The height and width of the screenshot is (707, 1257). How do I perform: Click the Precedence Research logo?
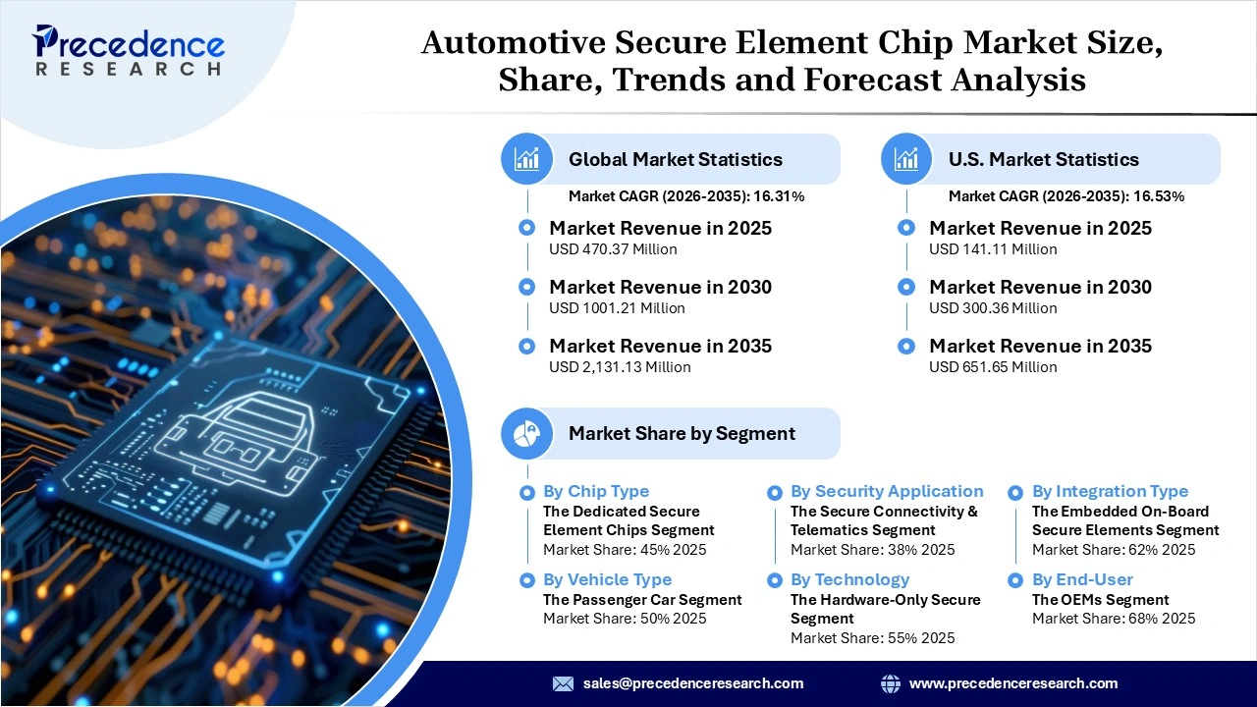point(128,51)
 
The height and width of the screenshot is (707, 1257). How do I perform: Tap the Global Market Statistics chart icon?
point(527,159)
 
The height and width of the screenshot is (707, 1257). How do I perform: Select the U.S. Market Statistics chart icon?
point(906,159)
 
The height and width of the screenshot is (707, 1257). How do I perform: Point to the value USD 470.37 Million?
point(613,249)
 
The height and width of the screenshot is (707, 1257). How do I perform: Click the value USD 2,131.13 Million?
point(620,367)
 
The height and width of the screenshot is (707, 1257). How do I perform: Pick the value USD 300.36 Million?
point(993,308)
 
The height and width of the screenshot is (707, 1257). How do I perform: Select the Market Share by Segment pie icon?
point(527,433)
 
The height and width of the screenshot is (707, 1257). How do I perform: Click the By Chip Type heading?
point(595,491)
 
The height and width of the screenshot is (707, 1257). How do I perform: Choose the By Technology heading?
point(849,579)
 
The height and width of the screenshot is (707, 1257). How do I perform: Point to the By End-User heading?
point(1082,579)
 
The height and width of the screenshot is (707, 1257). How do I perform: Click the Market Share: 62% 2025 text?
point(1114,550)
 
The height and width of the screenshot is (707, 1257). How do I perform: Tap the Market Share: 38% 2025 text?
point(872,550)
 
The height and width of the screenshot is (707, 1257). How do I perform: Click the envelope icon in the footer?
point(563,683)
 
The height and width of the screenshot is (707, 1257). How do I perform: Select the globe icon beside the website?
point(891,683)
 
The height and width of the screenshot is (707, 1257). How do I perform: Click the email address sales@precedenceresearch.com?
point(693,683)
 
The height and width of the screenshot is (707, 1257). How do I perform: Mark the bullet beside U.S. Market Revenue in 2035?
point(907,346)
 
